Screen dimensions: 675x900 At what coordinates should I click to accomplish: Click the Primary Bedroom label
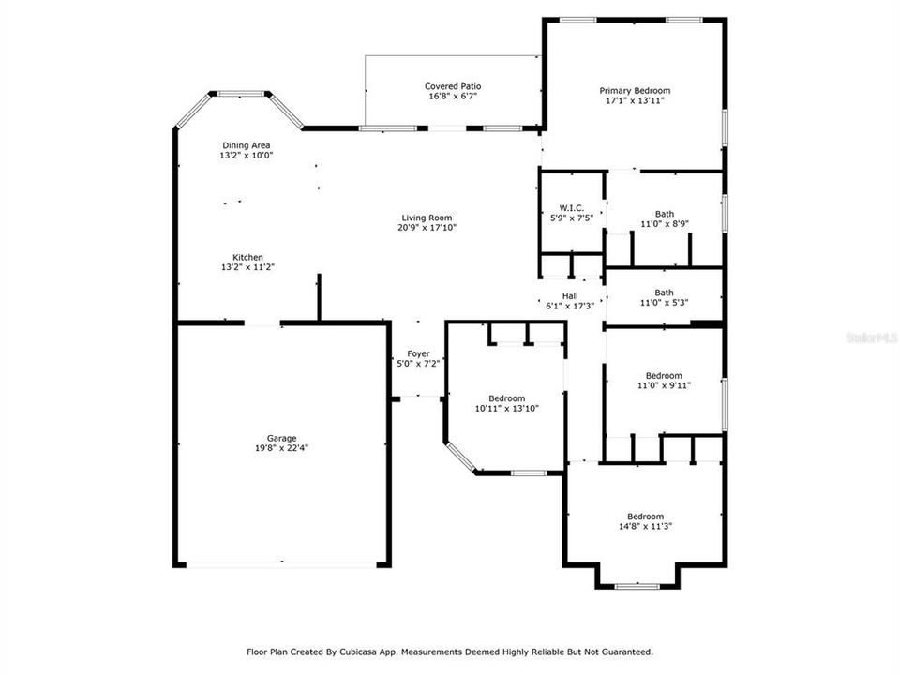[635, 91]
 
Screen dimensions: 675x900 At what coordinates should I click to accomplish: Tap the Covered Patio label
[454, 86]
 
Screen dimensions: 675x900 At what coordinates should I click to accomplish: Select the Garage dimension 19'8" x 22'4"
[281, 448]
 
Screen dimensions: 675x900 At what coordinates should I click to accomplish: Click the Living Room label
[427, 217]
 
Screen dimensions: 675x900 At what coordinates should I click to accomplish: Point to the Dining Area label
[247, 145]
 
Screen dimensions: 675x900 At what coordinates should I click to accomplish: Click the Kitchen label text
[247, 258]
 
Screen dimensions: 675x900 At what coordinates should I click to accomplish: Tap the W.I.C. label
[571, 207]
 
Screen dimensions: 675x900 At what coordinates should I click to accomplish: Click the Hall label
[569, 296]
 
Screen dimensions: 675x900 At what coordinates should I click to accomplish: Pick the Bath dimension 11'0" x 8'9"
[664, 223]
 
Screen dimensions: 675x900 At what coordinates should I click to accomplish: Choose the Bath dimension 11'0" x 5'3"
[664, 302]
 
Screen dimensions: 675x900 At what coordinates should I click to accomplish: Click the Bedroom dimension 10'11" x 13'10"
[506, 408]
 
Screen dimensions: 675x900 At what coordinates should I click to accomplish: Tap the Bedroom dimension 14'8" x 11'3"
[645, 526]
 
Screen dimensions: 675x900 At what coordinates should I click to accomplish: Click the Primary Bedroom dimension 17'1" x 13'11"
[635, 100]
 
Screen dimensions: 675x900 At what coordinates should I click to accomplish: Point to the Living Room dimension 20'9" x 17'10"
[427, 227]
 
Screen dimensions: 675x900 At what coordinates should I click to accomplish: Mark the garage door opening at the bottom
[281, 564]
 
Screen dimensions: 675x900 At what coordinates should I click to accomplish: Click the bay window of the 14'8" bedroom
[637, 586]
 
